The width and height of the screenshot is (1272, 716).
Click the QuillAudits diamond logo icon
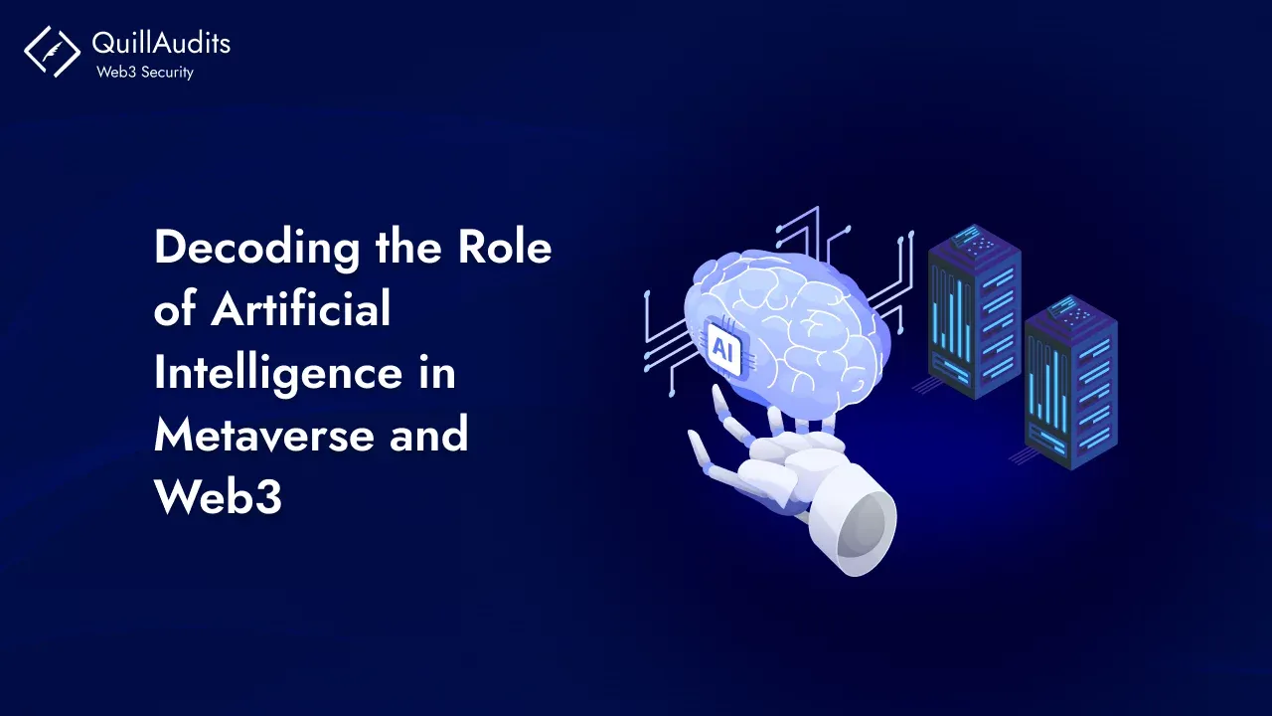point(52,51)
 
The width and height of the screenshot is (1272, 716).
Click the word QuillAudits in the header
point(160,43)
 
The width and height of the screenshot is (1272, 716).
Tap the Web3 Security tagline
point(144,72)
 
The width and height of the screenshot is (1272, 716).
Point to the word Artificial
point(301,310)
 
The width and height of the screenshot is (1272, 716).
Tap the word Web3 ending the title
point(218,498)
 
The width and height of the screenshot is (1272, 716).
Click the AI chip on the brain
point(723,347)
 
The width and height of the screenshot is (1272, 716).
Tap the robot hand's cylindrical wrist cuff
point(855,527)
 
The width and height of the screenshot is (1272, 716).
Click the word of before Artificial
point(174,310)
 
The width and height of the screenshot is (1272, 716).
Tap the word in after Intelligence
point(437,374)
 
